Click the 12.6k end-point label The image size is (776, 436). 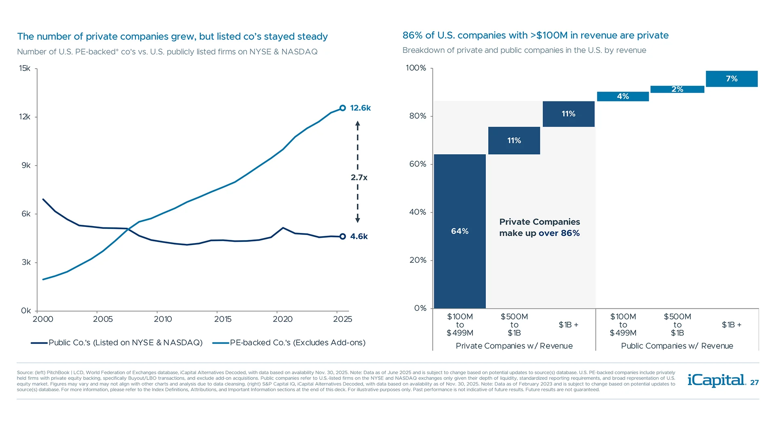coord(360,108)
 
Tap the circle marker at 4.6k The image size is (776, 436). coord(343,237)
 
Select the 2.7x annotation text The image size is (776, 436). coord(359,177)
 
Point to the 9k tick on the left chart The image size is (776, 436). coord(26,166)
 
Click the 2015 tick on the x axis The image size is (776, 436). coord(223,319)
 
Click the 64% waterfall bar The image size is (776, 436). coord(460,231)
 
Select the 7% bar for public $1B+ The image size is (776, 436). coord(732,79)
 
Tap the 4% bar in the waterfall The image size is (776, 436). coord(623,96)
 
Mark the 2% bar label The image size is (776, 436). coord(677,89)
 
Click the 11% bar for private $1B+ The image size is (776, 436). coord(568,114)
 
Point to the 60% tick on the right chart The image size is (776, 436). coord(418,164)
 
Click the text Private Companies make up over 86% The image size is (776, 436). coord(539,227)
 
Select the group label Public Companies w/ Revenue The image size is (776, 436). coord(677,346)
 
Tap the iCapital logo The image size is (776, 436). coord(716,380)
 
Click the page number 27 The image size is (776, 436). coord(754,383)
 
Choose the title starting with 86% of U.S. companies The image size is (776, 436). coord(535,36)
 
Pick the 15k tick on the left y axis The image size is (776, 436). coord(25,68)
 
